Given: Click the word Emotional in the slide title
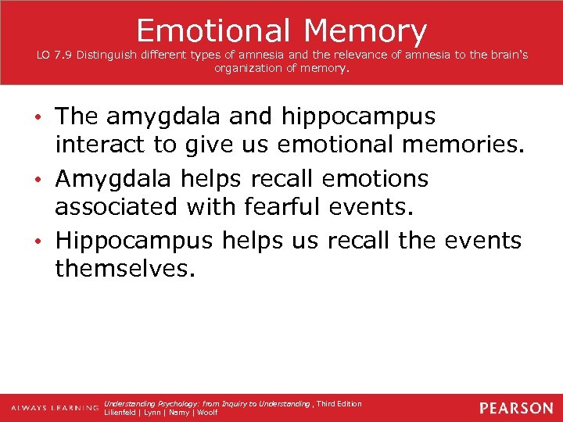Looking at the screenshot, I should coord(213,30).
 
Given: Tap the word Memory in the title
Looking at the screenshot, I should coord(365,30).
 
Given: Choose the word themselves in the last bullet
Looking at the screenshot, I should coord(121,270).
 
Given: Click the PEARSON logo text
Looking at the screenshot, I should coord(516,408).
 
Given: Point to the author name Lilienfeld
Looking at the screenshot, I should coord(121,413).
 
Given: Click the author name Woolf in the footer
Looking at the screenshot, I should coord(207,413).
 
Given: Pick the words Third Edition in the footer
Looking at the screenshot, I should coord(339,403).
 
